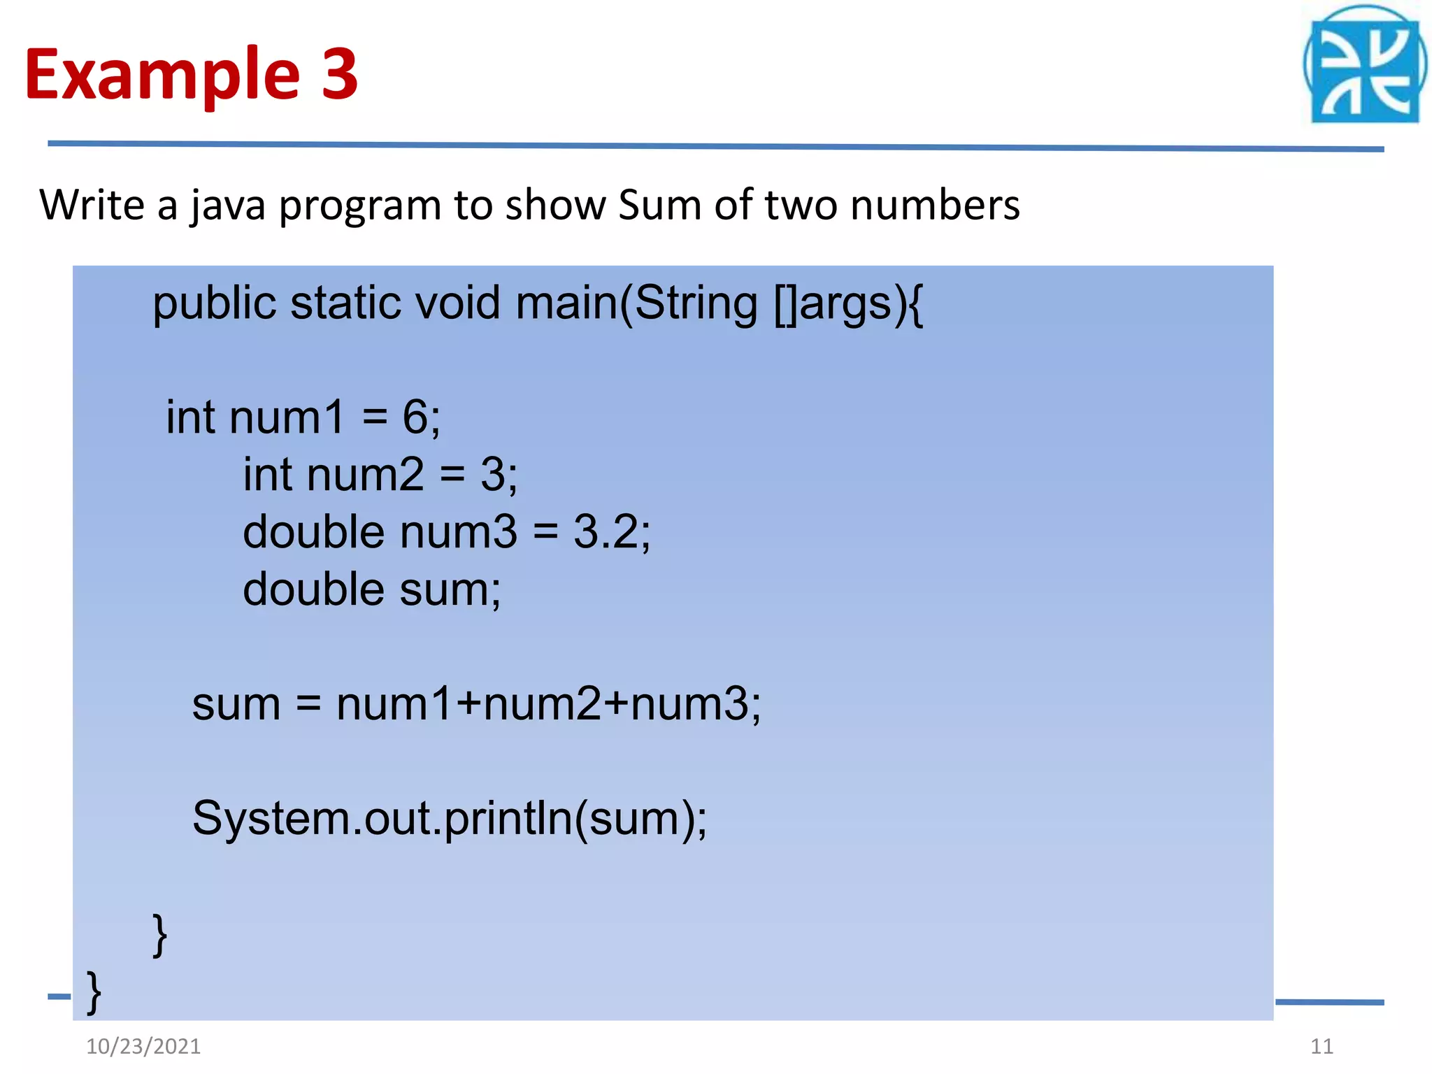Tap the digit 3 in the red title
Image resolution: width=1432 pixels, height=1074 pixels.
(x=340, y=73)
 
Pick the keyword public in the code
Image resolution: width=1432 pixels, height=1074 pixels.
(x=215, y=304)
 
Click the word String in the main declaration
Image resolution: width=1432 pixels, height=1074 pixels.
(x=696, y=304)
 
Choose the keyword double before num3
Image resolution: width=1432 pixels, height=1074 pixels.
(x=313, y=532)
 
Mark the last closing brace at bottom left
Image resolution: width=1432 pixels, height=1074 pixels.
(x=94, y=992)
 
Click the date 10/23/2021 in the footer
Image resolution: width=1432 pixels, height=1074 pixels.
(x=143, y=1046)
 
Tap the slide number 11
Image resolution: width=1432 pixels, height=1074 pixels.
(x=1322, y=1046)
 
